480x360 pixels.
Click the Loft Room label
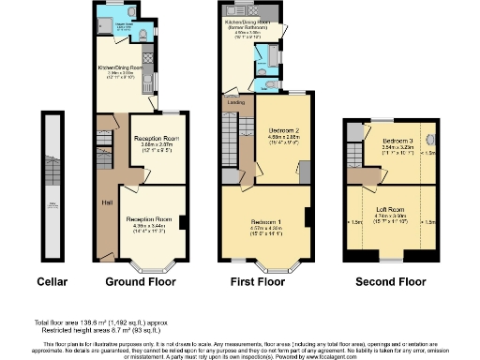[x=391, y=212]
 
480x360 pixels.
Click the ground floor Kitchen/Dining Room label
[x=121, y=67]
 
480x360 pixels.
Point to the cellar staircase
[x=51, y=187]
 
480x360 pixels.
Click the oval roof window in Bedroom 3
[x=421, y=142]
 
